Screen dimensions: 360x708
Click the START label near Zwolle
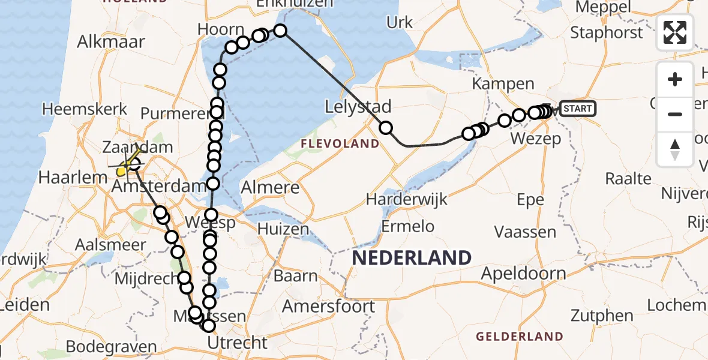pyautogui.click(x=577, y=109)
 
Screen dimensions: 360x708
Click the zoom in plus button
pyautogui.click(x=675, y=80)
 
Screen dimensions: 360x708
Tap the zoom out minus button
pyautogui.click(x=675, y=114)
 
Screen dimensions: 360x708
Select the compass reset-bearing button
pyautogui.click(x=675, y=149)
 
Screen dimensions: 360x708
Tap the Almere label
pyautogui.click(x=270, y=188)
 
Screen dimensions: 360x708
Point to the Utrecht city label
pyautogui.click(x=237, y=343)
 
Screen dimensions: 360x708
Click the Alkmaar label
pyautogui.click(x=112, y=41)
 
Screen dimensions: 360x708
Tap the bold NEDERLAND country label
pyautogui.click(x=412, y=259)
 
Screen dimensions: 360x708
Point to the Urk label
pyautogui.click(x=400, y=23)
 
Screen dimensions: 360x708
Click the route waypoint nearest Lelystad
pyautogui.click(x=385, y=128)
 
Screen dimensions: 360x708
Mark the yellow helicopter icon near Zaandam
pyautogui.click(x=123, y=170)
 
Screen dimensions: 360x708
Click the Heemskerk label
pyautogui.click(x=85, y=109)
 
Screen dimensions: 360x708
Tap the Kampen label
pyautogui.click(x=503, y=84)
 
